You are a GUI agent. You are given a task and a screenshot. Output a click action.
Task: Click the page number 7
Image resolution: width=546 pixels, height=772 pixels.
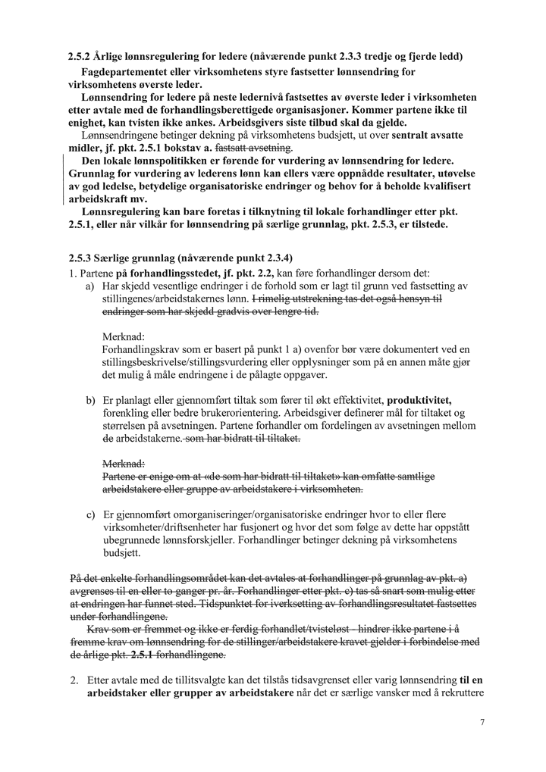(x=482, y=722)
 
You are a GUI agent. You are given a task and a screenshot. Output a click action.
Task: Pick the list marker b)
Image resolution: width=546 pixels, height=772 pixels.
(x=90, y=399)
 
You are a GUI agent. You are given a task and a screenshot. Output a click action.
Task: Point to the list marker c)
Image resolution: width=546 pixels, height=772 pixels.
(x=90, y=514)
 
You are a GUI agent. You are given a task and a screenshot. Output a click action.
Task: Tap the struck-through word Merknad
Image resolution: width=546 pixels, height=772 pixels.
(x=123, y=463)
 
